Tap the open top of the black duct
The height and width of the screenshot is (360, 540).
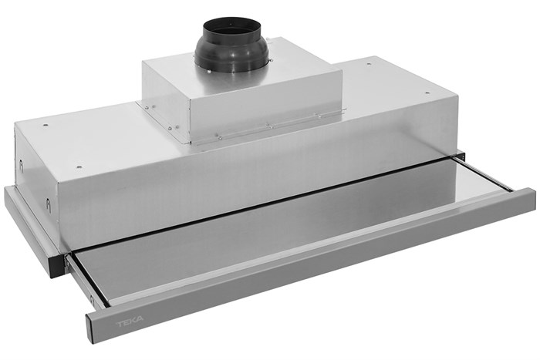coord(236,27)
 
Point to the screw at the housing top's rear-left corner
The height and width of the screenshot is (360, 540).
coord(47,125)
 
